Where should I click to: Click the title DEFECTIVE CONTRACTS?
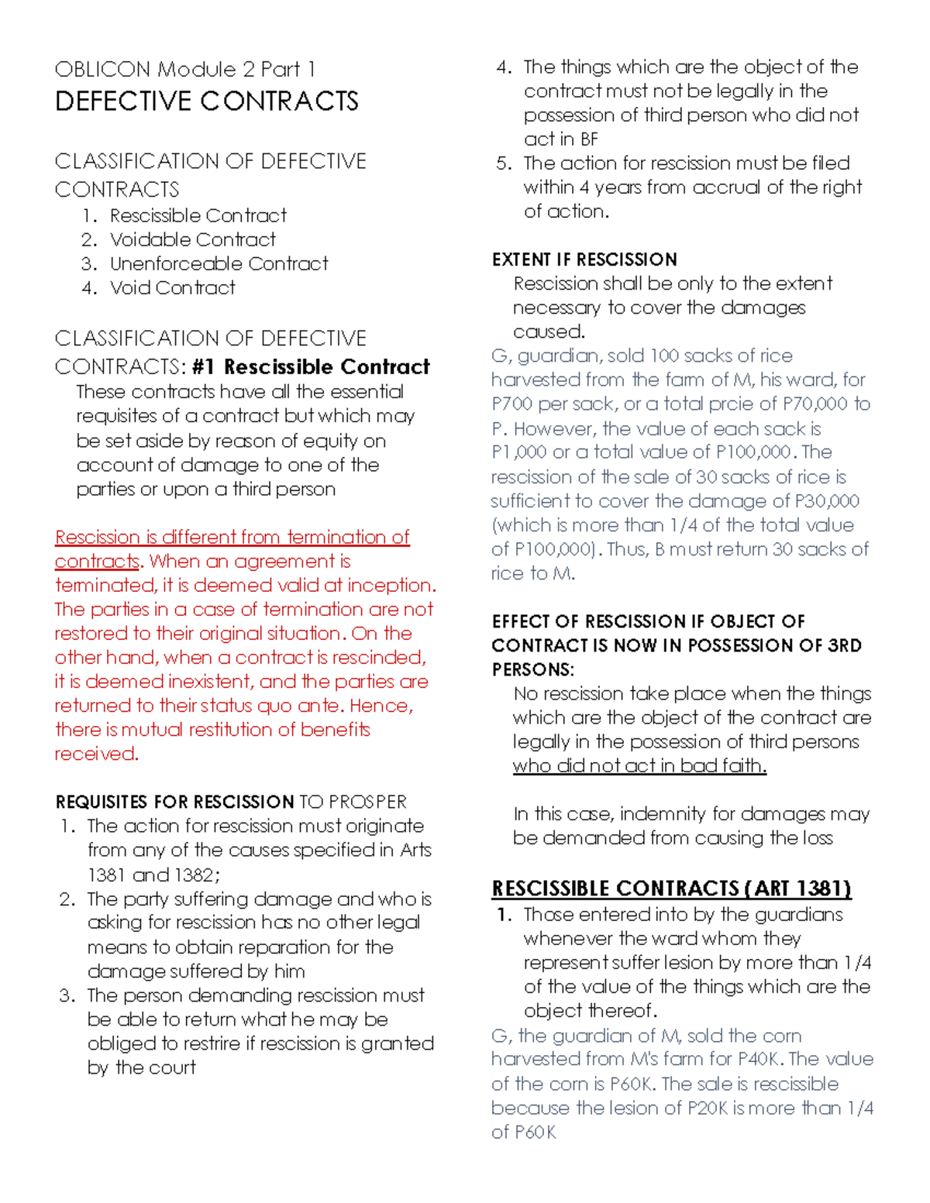206,101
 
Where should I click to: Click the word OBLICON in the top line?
102,70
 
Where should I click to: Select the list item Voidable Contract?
192,239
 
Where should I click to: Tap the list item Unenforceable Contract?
219,263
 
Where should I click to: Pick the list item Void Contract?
172,287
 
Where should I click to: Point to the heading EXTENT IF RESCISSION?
584,260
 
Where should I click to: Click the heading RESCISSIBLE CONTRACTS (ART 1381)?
671,889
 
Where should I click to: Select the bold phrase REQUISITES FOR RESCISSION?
174,802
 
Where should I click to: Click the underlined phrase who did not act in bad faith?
639,766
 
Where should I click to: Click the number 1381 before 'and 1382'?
106,875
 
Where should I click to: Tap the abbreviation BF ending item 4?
589,139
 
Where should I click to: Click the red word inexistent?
170,682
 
